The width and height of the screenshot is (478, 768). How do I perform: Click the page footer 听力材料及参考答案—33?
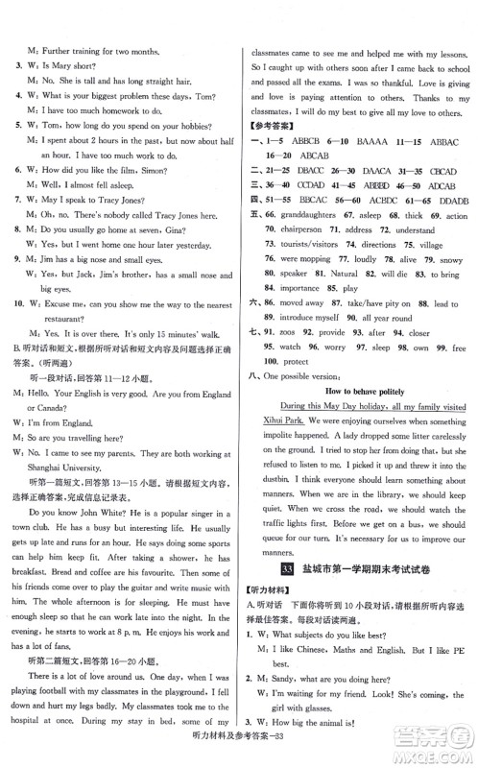point(239,755)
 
